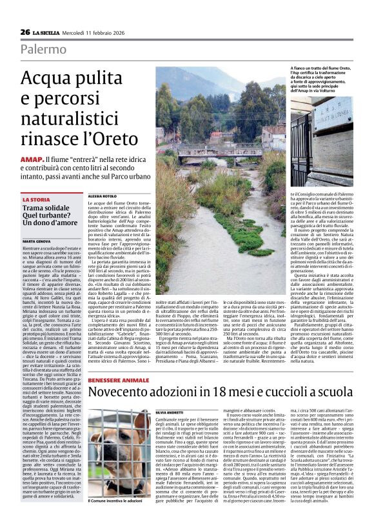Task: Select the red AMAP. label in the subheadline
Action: [32, 159]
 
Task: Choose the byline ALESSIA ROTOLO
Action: [104, 195]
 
